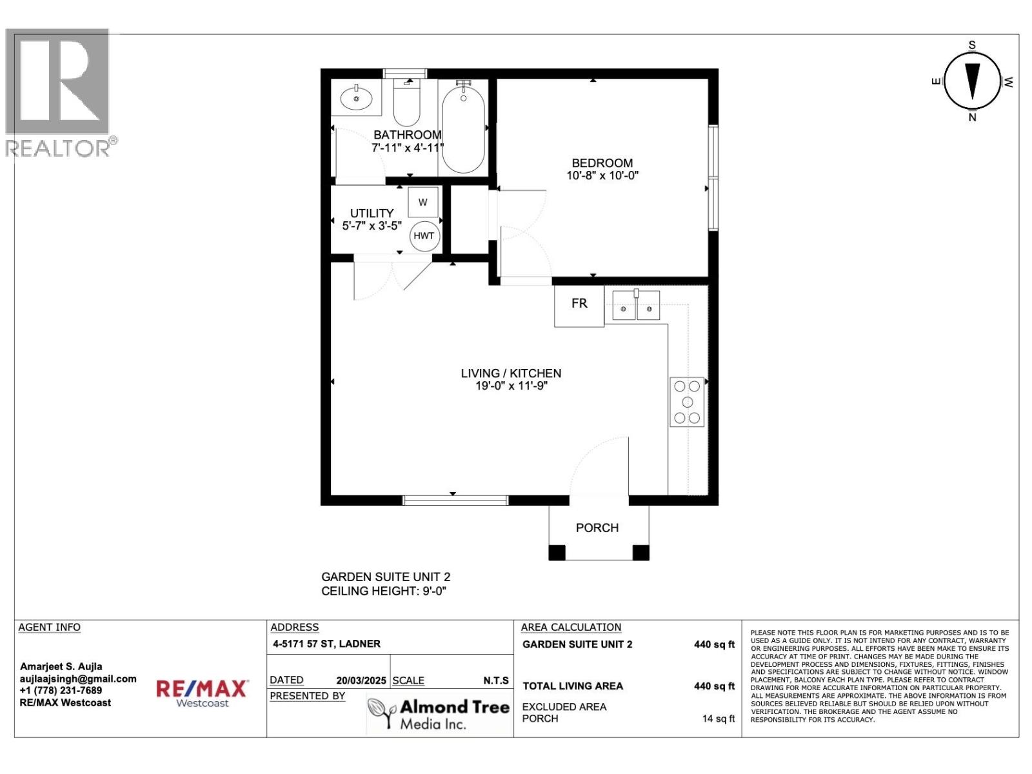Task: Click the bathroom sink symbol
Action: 356,99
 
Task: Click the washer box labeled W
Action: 423,202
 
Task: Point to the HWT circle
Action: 424,235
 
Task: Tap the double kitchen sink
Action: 636,305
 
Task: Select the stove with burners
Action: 687,402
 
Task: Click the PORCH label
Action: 597,528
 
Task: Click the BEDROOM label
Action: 602,163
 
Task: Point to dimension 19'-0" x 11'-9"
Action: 511,386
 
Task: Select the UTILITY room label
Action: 372,213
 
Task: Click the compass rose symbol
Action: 972,81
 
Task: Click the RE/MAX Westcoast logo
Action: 202,693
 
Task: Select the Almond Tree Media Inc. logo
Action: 439,715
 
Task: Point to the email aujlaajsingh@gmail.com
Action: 78,679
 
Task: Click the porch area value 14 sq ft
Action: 718,719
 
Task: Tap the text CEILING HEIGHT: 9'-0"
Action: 384,591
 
